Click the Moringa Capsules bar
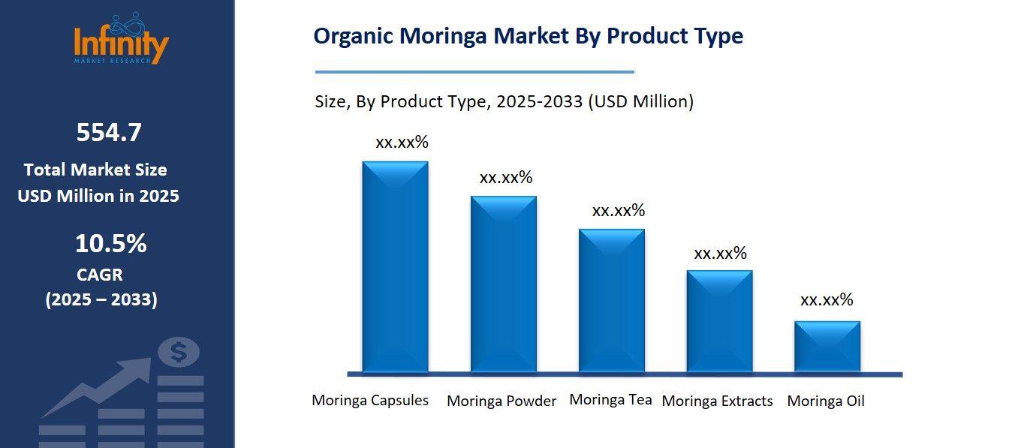395,266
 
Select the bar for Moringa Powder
503,284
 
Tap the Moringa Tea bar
611,300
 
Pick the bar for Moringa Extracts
719,320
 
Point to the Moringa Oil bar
827,346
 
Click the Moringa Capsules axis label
370,400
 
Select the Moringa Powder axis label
501,401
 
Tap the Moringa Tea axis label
610,399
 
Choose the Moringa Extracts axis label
717,401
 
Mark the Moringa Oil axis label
826,401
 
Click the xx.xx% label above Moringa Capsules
402,143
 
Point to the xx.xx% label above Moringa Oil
827,300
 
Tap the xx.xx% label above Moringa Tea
619,211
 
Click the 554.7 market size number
109,133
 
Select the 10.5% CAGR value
110,243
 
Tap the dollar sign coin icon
179,352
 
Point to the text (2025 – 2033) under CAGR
101,299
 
